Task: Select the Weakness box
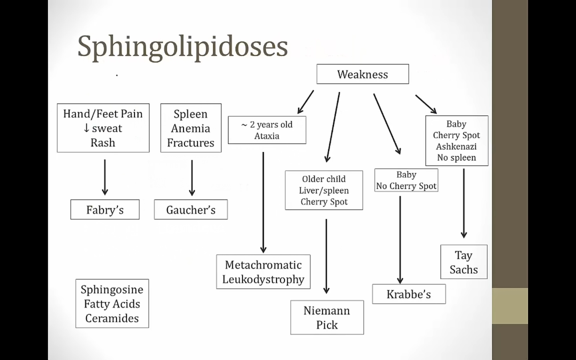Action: click(x=362, y=74)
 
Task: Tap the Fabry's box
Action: click(x=105, y=210)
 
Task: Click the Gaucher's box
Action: click(x=191, y=210)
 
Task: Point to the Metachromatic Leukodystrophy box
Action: click(x=263, y=272)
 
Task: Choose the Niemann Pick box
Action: click(x=327, y=318)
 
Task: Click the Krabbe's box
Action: click(x=408, y=294)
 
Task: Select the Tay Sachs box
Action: click(x=464, y=262)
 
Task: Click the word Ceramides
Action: click(x=112, y=318)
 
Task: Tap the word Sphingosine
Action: click(x=112, y=289)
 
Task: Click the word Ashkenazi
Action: click(x=456, y=146)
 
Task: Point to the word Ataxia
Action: click(x=267, y=136)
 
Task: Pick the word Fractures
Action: click(x=191, y=143)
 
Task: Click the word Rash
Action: click(x=103, y=143)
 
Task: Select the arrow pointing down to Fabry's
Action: click(x=105, y=177)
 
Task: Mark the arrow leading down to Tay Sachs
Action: click(x=464, y=203)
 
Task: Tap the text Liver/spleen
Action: click(x=324, y=190)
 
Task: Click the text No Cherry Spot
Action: click(x=406, y=186)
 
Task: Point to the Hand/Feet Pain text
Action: click(x=103, y=114)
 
